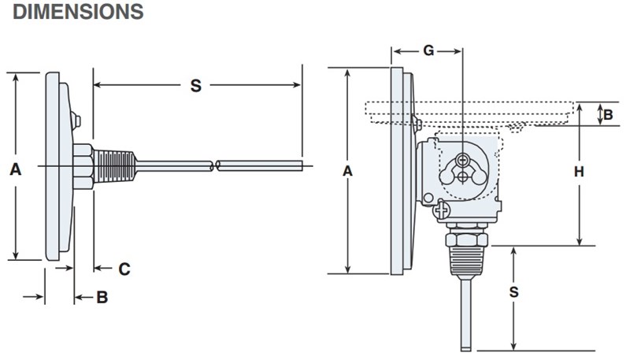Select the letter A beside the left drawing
[x=15, y=168]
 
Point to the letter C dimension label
[x=124, y=269]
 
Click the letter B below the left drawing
[x=102, y=297]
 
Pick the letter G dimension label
[x=428, y=51]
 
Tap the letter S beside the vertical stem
[x=513, y=292]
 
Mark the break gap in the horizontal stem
[x=215, y=166]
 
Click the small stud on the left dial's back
[x=76, y=121]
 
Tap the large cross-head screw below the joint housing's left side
[x=442, y=210]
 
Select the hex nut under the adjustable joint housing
[x=465, y=239]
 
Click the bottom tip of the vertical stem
[x=465, y=349]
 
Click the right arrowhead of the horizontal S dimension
[x=297, y=83]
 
